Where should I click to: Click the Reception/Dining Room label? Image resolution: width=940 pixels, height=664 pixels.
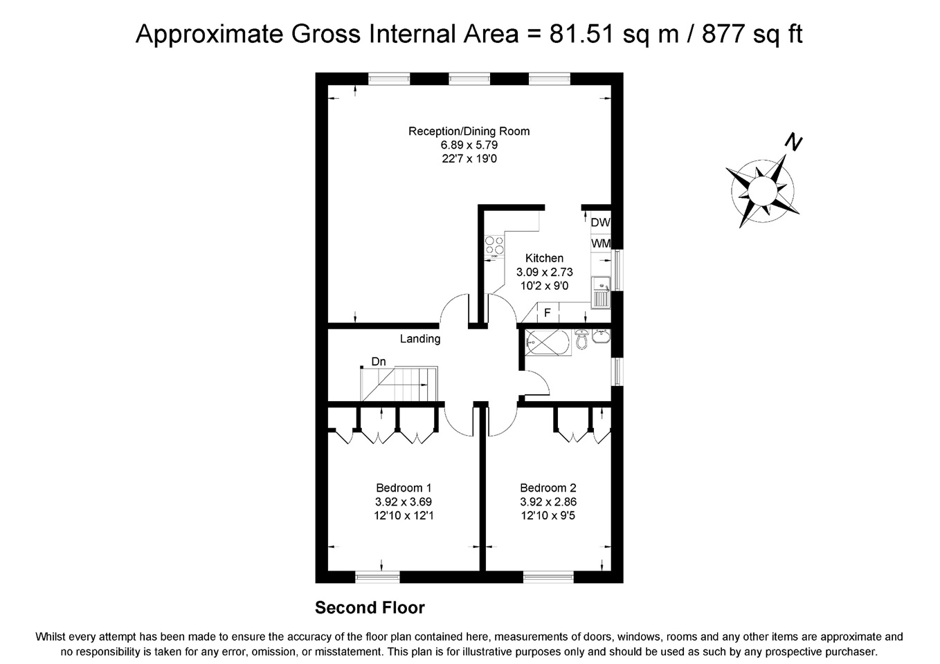(x=469, y=131)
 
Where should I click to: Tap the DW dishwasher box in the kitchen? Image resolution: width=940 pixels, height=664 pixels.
(x=600, y=223)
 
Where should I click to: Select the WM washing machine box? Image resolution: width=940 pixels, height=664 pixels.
(x=600, y=243)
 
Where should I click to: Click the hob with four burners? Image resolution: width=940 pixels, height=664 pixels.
(x=494, y=246)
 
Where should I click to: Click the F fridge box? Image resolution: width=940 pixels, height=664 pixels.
(x=547, y=313)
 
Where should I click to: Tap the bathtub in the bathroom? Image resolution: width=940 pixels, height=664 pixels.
(x=547, y=341)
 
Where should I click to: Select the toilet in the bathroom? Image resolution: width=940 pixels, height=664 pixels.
(x=581, y=339)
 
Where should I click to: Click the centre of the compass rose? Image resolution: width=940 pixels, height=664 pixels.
(x=762, y=188)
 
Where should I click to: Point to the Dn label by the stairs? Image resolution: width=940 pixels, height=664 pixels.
(x=379, y=362)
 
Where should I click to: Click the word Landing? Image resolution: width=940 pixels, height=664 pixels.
(x=420, y=339)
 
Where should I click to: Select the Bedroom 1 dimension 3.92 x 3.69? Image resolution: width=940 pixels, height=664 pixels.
(x=404, y=502)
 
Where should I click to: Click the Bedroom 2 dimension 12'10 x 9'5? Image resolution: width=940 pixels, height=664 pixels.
(x=548, y=516)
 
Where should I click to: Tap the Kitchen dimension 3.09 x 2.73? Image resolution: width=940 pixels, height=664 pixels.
(x=545, y=272)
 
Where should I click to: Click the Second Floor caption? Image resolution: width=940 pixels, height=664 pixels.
(x=370, y=608)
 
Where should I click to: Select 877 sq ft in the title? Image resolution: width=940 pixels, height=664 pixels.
(x=752, y=34)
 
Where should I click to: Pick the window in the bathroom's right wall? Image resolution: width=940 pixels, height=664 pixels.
(x=617, y=371)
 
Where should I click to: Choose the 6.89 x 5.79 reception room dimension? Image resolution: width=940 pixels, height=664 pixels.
(x=469, y=145)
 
